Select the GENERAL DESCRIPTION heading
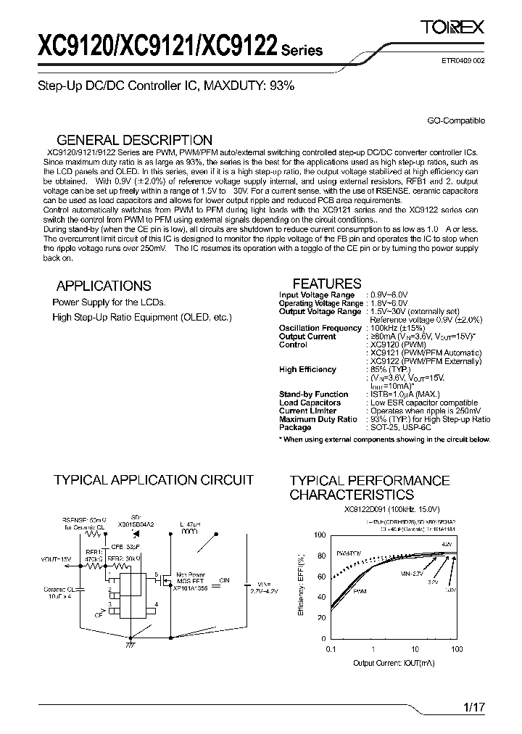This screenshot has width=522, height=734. click(x=134, y=140)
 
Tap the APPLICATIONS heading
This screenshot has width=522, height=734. click(x=104, y=286)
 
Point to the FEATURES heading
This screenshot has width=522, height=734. click(x=326, y=284)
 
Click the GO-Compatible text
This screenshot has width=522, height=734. click(x=456, y=121)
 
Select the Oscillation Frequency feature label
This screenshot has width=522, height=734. click(x=320, y=328)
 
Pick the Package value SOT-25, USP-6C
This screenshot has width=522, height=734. click(x=400, y=427)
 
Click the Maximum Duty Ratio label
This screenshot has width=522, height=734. click(x=318, y=419)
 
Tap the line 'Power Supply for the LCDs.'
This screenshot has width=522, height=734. click(x=109, y=302)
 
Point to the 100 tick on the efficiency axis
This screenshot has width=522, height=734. click(x=320, y=535)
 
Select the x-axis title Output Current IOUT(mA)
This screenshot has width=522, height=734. click(x=394, y=663)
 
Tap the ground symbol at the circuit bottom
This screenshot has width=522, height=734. click(x=130, y=642)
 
